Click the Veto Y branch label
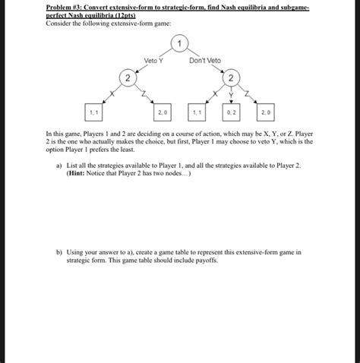click(153, 61)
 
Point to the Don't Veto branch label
click(205, 61)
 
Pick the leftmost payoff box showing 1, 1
click(93, 112)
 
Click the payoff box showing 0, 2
click(231, 112)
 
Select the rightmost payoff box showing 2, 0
click(266, 112)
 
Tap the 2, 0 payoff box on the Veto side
click(163, 112)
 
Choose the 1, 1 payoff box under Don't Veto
click(197, 112)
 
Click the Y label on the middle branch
click(231, 95)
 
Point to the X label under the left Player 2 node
click(112, 93)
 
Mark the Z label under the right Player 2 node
click(247, 93)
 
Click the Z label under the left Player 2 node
click(144, 93)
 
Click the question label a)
click(59, 166)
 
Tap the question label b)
click(59, 252)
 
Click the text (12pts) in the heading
click(125, 15)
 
